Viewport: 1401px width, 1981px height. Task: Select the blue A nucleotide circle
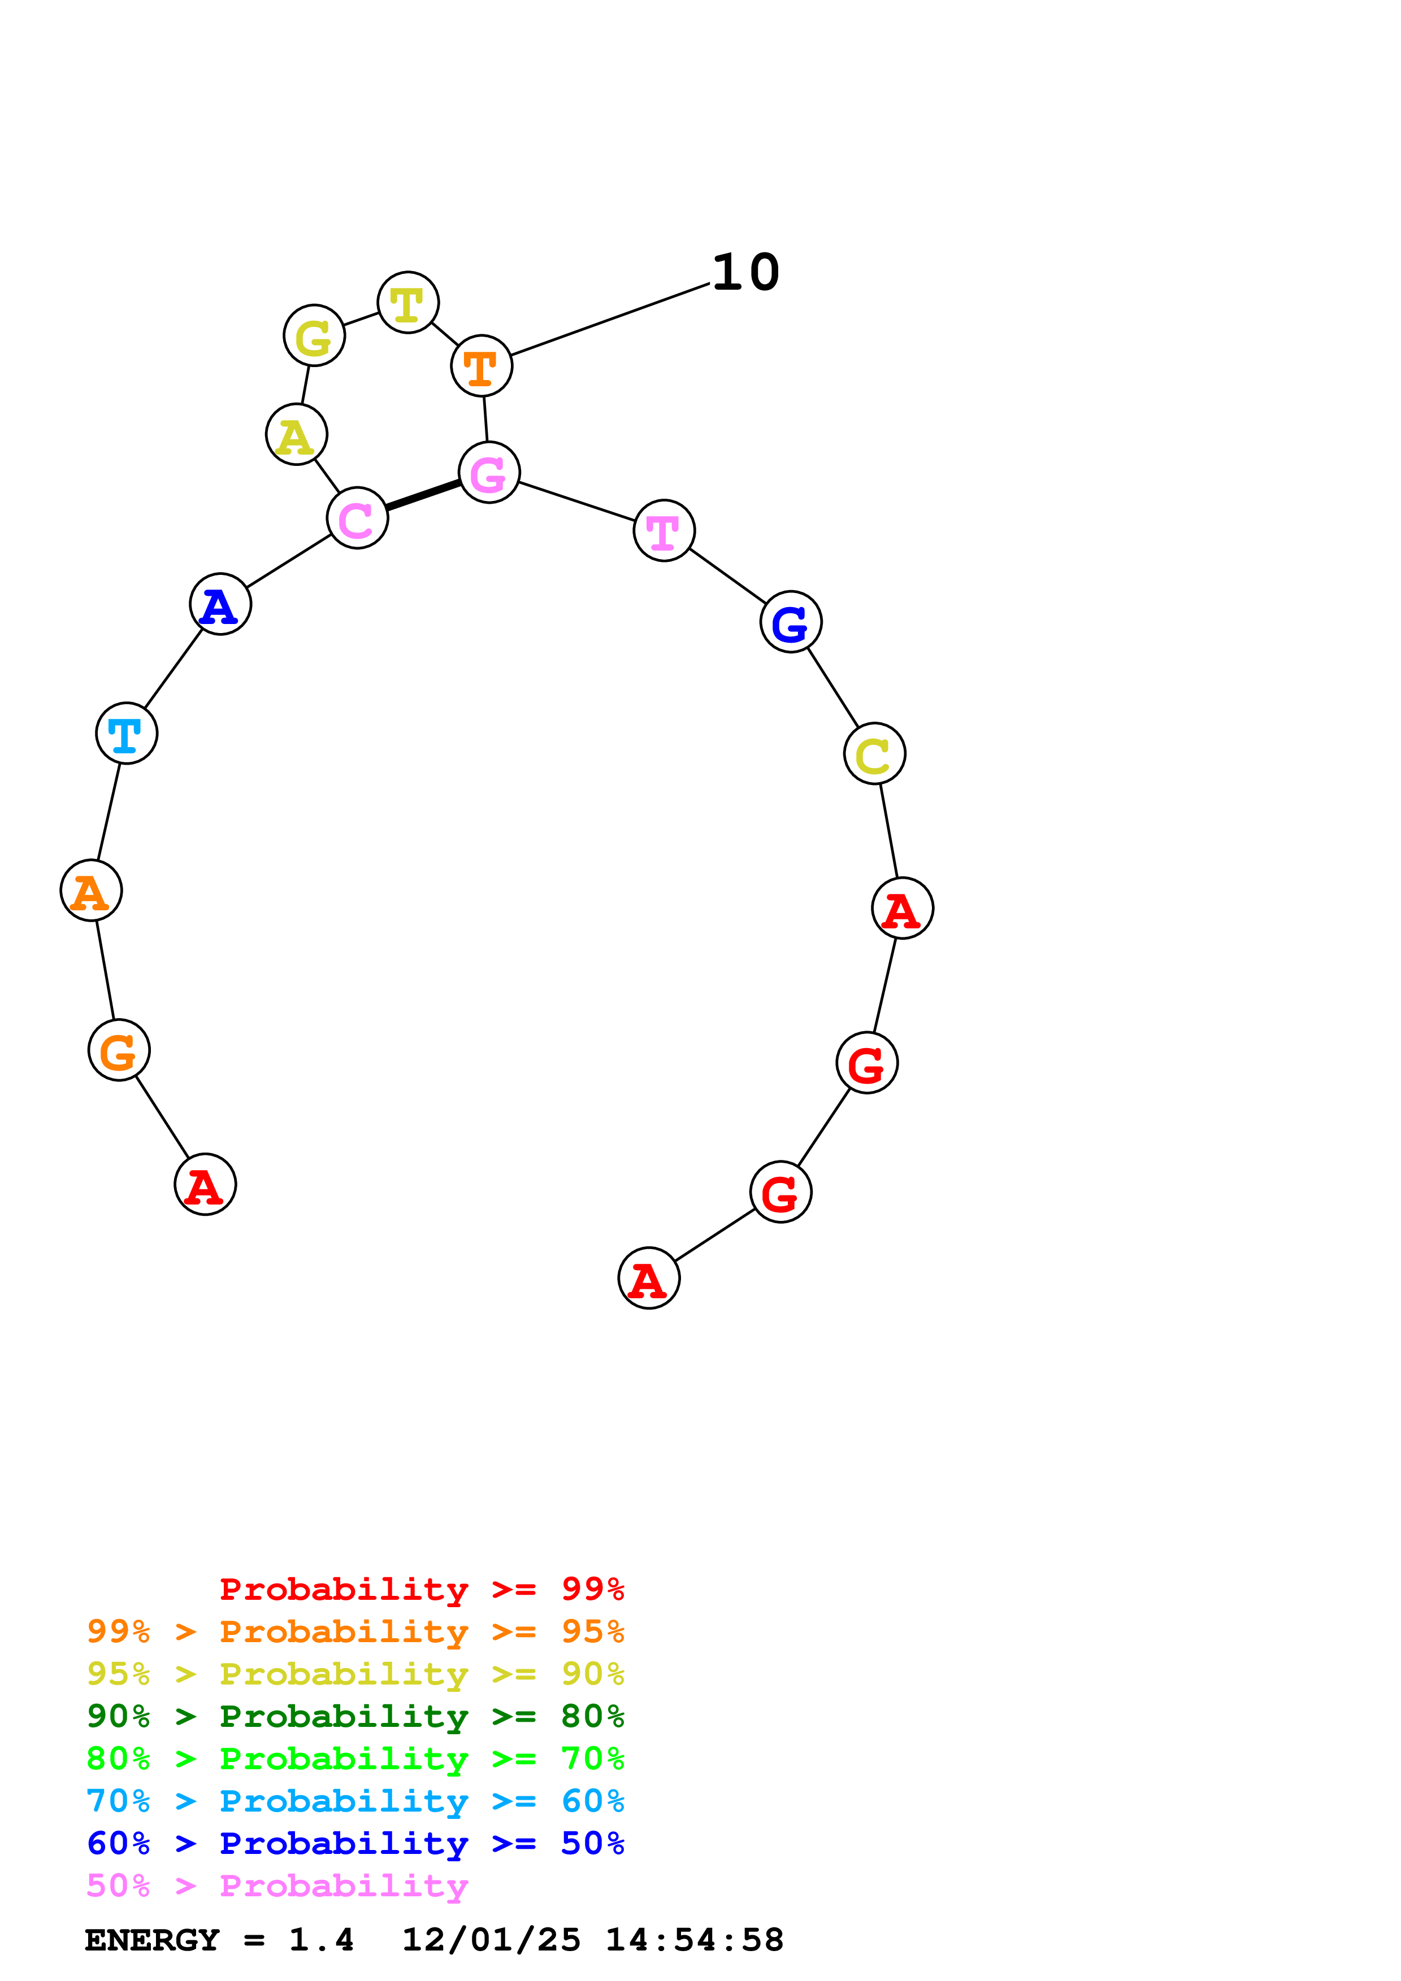click(x=220, y=604)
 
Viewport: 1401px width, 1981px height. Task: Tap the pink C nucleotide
click(x=357, y=518)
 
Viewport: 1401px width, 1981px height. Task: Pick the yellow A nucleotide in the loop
click(x=296, y=435)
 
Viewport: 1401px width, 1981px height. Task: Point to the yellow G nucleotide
click(x=314, y=335)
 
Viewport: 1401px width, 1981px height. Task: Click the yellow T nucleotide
click(x=408, y=303)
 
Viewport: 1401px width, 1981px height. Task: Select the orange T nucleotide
click(x=482, y=366)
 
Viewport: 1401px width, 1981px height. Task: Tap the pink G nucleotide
click(x=489, y=473)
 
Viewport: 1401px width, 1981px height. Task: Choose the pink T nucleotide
click(x=664, y=531)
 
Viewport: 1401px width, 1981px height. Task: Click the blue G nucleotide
click(x=791, y=622)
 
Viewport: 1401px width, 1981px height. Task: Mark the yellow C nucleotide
click(x=874, y=754)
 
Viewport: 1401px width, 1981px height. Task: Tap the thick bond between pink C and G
click(x=423, y=495)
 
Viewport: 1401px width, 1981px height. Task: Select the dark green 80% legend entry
click(x=355, y=1716)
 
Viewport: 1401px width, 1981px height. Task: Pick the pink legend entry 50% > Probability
click(x=277, y=1886)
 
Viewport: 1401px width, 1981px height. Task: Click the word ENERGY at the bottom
click(x=152, y=1940)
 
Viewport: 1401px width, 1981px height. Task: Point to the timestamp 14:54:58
click(x=694, y=1940)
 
